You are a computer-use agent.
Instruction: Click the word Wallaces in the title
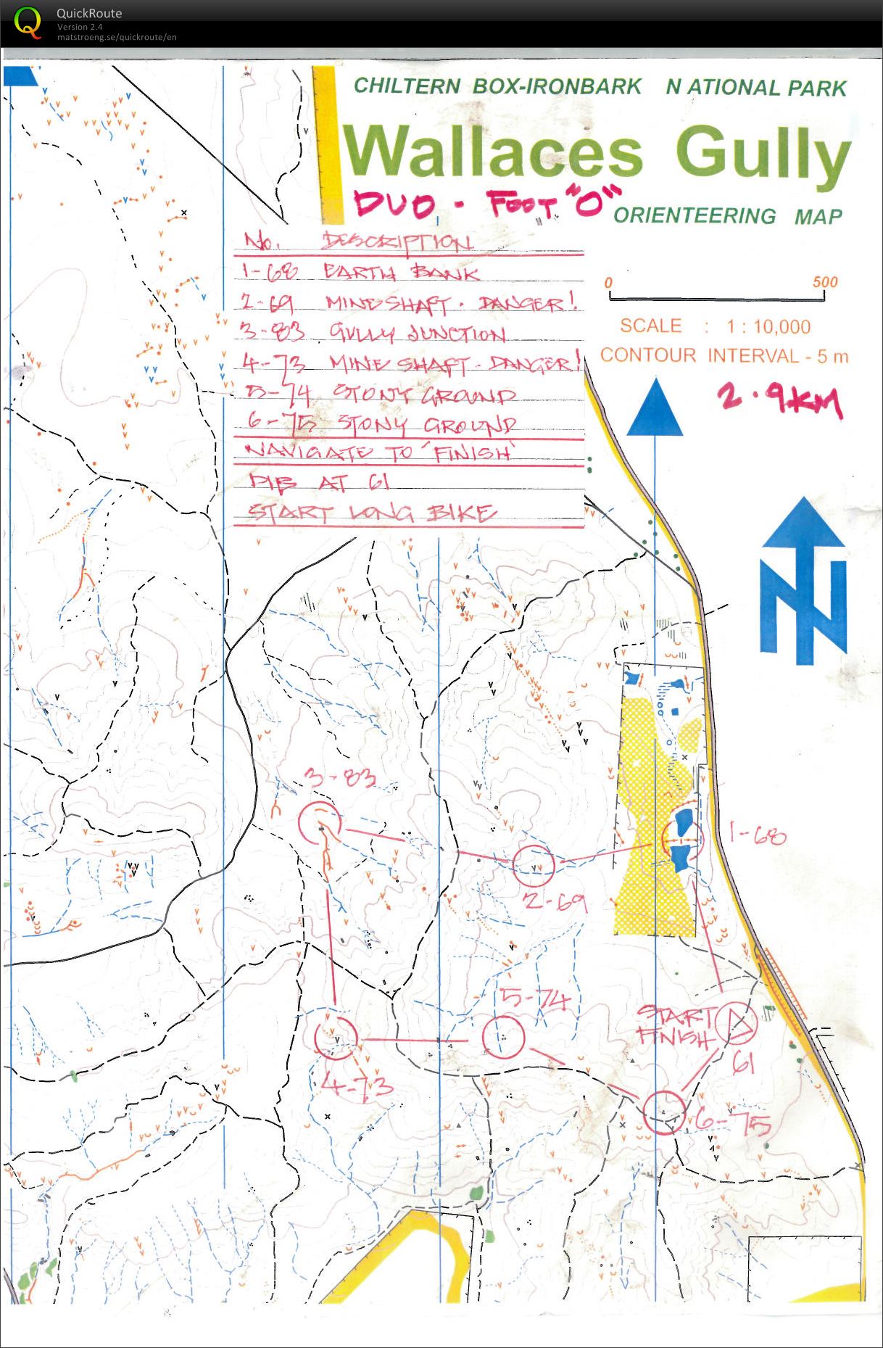point(492,152)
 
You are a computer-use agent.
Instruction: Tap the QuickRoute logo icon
point(28,22)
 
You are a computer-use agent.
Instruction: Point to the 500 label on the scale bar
point(825,281)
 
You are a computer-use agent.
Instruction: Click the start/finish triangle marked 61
point(736,1023)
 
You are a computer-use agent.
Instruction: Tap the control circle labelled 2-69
point(534,865)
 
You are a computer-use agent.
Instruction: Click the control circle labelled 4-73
point(336,1037)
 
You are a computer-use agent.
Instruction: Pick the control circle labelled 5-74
point(503,1036)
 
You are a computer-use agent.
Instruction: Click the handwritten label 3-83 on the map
point(340,779)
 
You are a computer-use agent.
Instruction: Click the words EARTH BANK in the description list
point(401,273)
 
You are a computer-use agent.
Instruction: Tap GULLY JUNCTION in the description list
point(418,334)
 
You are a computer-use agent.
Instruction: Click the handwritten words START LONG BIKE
point(372,513)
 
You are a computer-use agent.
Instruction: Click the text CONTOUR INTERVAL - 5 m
point(724,355)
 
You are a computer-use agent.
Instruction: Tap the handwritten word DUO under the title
point(395,204)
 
